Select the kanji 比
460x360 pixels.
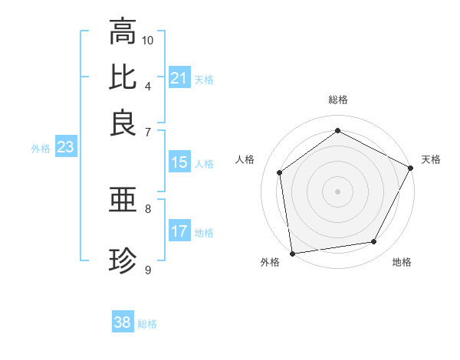click(x=123, y=77)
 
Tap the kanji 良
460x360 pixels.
click(x=123, y=122)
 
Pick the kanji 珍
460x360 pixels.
click(x=123, y=261)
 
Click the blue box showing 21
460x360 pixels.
click(x=179, y=78)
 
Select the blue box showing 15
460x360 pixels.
click(x=179, y=162)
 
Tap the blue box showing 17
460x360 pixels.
click(x=179, y=231)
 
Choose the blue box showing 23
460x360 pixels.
click(x=65, y=148)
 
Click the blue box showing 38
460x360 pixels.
click(x=123, y=322)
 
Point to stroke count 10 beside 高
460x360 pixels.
click(x=148, y=39)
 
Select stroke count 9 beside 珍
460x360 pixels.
click(x=148, y=270)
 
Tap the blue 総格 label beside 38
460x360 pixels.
click(x=147, y=324)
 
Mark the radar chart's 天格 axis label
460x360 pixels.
click(x=431, y=159)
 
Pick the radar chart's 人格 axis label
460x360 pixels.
click(x=245, y=159)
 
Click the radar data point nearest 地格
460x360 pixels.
click(x=374, y=242)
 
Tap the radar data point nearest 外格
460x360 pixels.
click(x=292, y=253)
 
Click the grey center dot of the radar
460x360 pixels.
click(x=337, y=190)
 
